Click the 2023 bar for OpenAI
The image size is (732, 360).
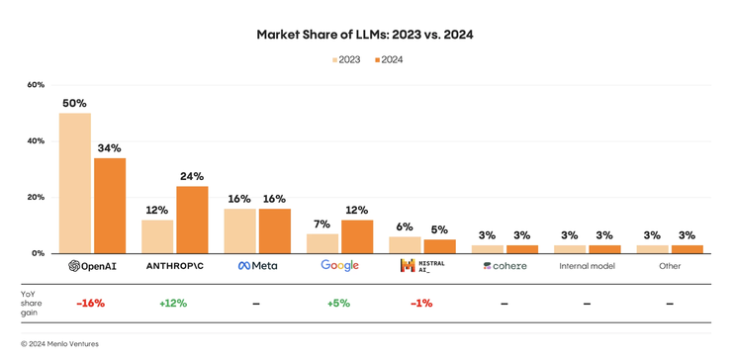[x=74, y=183]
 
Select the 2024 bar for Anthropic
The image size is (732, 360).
[x=192, y=220]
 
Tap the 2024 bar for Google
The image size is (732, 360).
[x=357, y=236]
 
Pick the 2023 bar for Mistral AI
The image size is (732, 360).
[x=405, y=244]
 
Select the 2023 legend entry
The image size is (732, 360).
[x=346, y=60]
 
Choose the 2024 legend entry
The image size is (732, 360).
[x=389, y=60]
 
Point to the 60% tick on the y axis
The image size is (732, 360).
[x=36, y=85]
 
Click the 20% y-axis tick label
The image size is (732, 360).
[x=36, y=198]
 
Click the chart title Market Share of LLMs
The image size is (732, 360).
[x=365, y=35]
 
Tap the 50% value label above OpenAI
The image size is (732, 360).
[x=74, y=103]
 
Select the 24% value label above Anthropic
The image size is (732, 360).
[x=192, y=176]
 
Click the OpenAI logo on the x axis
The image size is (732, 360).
[x=92, y=266]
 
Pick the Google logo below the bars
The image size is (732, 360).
[x=339, y=266]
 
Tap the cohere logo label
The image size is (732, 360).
[x=504, y=266]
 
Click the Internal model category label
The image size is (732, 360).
[x=587, y=266]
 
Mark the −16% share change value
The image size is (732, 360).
[x=90, y=304]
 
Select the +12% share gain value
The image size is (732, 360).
[x=173, y=304]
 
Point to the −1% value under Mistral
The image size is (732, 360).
[x=421, y=304]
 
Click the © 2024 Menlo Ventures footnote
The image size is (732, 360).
[x=60, y=344]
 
